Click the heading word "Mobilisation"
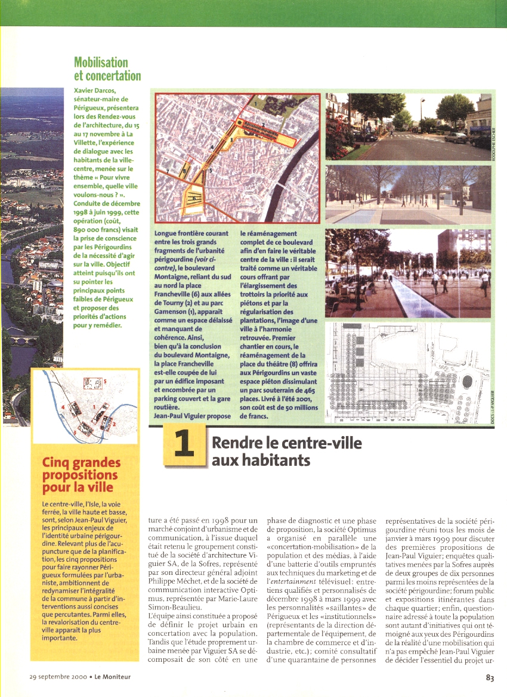point(101,62)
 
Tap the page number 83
point(490,677)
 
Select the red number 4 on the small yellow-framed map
point(62,407)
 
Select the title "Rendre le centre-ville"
point(286,443)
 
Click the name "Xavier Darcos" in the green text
point(99,91)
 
